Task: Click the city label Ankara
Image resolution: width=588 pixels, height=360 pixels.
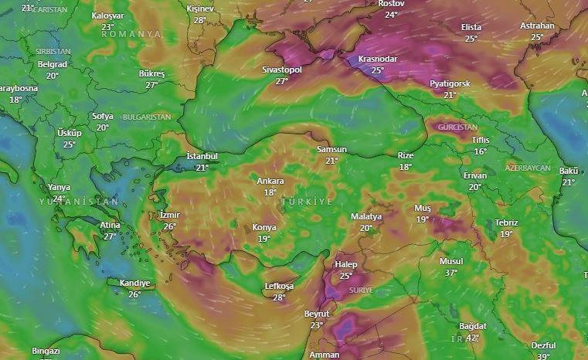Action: pos(270,181)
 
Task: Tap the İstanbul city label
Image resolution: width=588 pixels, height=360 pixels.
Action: pos(202,156)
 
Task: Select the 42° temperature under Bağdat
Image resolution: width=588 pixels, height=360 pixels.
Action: pos(473,337)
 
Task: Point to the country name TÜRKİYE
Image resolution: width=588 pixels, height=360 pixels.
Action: pos(308,201)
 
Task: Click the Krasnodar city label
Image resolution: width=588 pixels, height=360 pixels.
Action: pos(377,59)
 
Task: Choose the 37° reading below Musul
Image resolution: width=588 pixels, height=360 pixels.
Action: pos(451,273)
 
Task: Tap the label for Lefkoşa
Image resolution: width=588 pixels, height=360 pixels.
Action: pos(279,286)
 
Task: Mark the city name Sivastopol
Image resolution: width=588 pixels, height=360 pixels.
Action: pos(282,70)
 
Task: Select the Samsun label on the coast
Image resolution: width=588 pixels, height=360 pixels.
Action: pos(331,149)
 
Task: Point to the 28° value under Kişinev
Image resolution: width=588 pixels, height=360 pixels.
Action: pos(200,20)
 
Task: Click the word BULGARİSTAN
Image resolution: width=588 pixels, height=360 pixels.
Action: pos(146,117)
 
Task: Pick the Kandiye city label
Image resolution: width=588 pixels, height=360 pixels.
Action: pos(134,283)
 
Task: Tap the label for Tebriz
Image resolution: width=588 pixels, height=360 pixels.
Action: pos(507,222)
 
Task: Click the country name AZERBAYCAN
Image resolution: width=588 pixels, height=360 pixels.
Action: pos(528,168)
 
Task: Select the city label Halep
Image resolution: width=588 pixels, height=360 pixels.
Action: pos(345,264)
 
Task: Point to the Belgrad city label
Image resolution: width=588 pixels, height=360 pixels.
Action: pos(53,64)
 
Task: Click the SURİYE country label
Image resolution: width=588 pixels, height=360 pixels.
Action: pos(361,290)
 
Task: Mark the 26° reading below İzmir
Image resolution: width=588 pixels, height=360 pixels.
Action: pos(169,226)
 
